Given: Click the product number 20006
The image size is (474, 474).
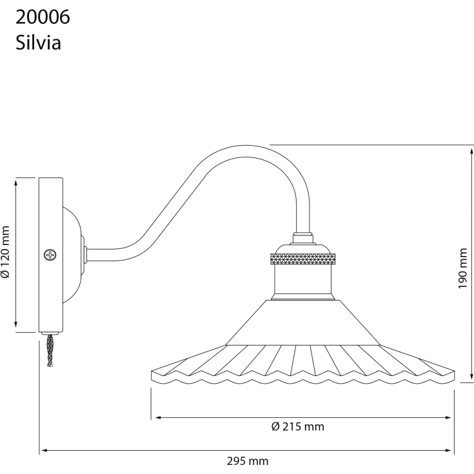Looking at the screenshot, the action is click(43, 17).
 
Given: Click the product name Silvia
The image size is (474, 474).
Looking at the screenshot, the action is click(39, 43).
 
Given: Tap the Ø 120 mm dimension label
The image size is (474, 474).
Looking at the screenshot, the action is click(5, 252).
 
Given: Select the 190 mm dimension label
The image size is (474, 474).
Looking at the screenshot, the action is click(463, 268).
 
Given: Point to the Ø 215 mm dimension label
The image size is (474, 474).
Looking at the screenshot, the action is click(298, 426).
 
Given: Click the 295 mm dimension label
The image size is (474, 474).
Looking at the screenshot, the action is click(248, 461).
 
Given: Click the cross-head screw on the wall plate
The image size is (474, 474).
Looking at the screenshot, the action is click(50, 255).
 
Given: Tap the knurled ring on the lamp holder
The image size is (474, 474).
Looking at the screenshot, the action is click(302, 259).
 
